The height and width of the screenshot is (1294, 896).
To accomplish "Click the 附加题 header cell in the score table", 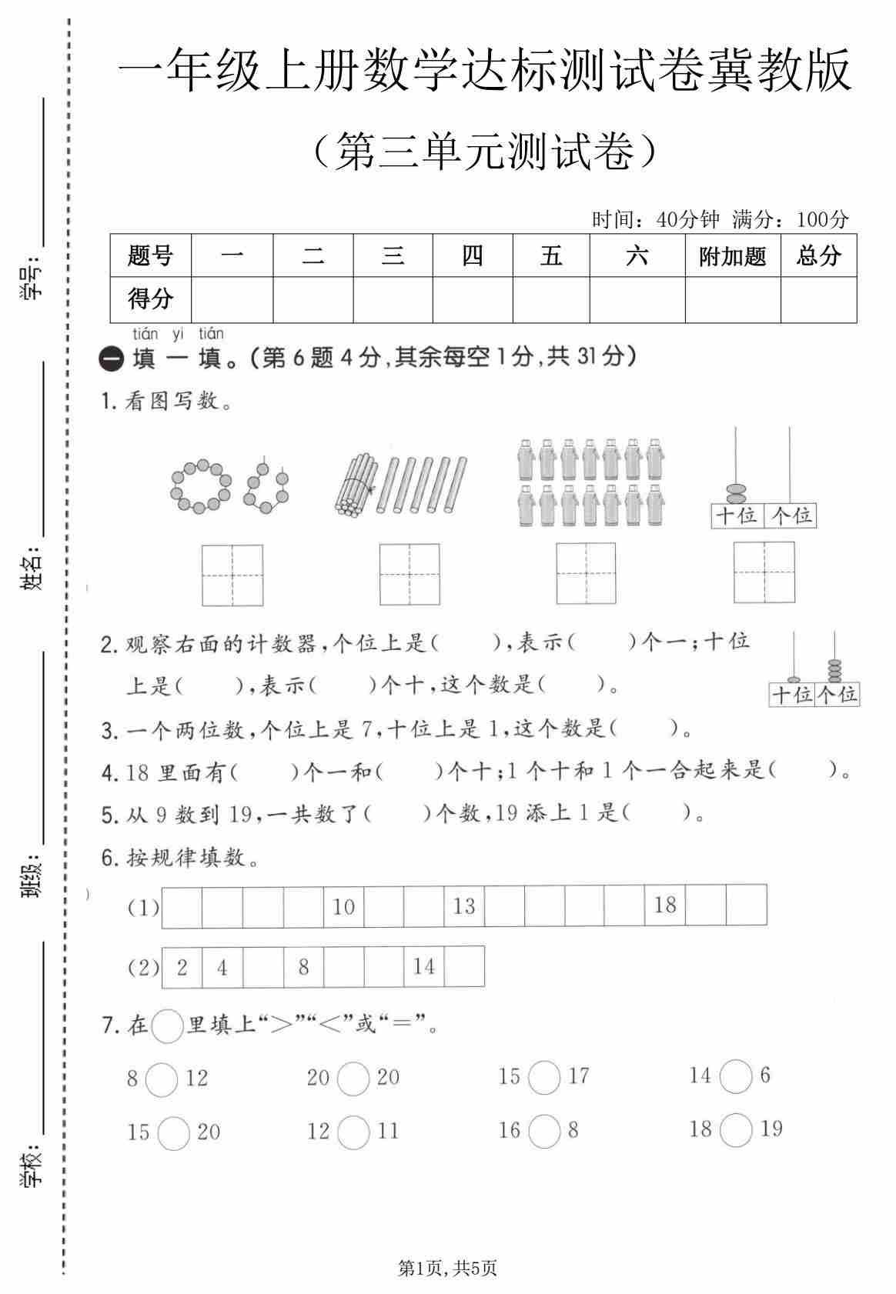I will [732, 255].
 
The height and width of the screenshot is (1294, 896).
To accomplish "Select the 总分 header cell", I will [818, 255].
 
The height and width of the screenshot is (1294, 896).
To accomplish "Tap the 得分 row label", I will [150, 298].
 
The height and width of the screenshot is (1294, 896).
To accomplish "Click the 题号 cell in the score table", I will [150, 255].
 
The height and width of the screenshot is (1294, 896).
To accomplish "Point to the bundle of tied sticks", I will [355, 484].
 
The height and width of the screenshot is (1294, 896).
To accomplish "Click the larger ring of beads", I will [200, 486].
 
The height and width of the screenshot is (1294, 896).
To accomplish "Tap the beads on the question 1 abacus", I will [736, 493].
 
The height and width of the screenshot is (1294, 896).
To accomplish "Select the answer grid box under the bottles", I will [586, 574].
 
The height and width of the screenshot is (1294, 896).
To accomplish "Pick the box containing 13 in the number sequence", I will [464, 905].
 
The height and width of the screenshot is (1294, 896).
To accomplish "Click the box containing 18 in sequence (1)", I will [665, 905].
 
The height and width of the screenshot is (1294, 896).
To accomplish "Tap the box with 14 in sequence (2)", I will [424, 966].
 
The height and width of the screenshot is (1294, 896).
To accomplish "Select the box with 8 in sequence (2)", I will [303, 966].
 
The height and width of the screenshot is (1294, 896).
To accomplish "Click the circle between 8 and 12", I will [162, 1079].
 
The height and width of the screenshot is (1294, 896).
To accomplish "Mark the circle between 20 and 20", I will [353, 1078].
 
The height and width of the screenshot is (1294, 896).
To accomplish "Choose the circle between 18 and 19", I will [737, 1129].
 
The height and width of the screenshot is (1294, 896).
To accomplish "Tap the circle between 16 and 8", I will [544, 1131].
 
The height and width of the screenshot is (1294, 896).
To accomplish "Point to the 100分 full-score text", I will [822, 220].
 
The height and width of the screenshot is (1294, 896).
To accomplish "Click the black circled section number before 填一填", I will [112, 359].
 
